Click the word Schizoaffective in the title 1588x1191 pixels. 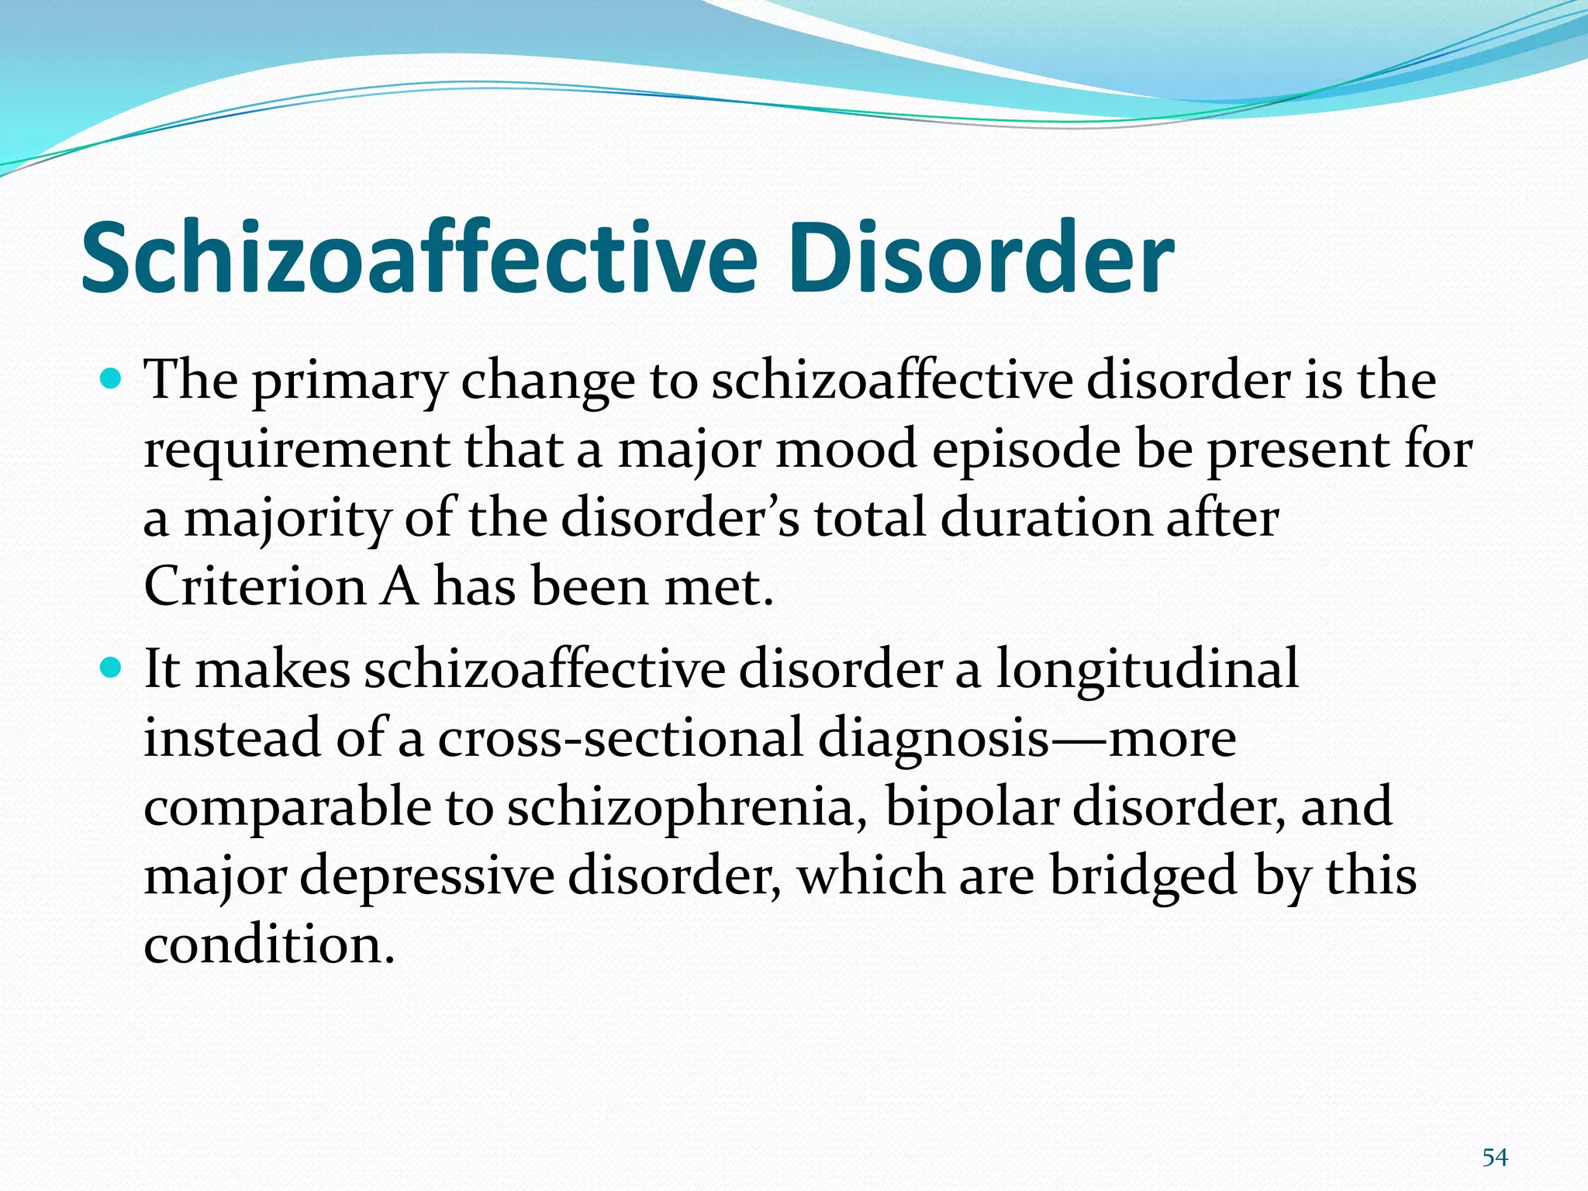pyautogui.click(x=419, y=257)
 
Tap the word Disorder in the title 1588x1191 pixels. pyautogui.click(x=980, y=257)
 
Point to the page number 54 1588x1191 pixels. pyautogui.click(x=1495, y=1158)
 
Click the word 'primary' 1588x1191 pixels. pyautogui.click(x=350, y=382)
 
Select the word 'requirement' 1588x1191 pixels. pyautogui.click(x=297, y=451)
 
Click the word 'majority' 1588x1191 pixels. pyautogui.click(x=287, y=520)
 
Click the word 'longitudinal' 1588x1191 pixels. pyautogui.click(x=1147, y=670)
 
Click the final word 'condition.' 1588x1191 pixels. pyautogui.click(x=270, y=944)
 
